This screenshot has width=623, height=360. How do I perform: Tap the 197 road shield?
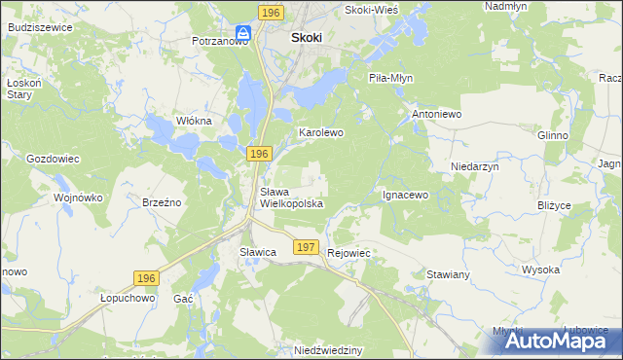(x=306, y=248)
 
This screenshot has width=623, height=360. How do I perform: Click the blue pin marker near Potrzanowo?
(x=242, y=33)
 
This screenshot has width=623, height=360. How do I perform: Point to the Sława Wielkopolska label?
(x=290, y=198)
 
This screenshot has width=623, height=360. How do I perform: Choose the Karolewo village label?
(x=321, y=131)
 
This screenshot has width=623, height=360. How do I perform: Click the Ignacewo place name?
(x=405, y=195)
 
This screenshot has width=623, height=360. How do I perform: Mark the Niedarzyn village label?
(x=474, y=166)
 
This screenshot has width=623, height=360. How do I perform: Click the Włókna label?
(x=193, y=120)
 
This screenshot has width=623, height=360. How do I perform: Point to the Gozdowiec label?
(x=53, y=158)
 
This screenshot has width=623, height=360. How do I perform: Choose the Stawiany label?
(x=449, y=274)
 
